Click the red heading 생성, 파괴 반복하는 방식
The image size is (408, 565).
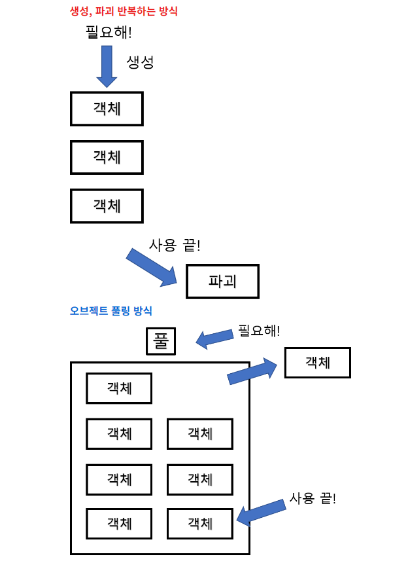[124, 11]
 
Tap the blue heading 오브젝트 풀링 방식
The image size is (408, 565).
[110, 311]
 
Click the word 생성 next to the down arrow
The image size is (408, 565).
[140, 63]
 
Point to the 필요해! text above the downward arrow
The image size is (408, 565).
[109, 32]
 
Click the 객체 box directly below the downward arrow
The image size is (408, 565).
[107, 109]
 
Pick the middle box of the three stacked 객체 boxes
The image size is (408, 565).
[107, 157]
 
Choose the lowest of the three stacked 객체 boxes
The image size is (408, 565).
[107, 206]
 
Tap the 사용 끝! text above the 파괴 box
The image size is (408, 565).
[175, 246]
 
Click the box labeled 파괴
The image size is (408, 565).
[222, 282]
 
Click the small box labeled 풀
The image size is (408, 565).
[161, 341]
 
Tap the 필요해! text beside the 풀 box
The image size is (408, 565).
[259, 331]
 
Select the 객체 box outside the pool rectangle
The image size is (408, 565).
[318, 363]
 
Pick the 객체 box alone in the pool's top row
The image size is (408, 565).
[119, 388]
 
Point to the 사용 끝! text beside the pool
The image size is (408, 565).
[313, 499]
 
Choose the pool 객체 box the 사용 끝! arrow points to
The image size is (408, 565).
[200, 524]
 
